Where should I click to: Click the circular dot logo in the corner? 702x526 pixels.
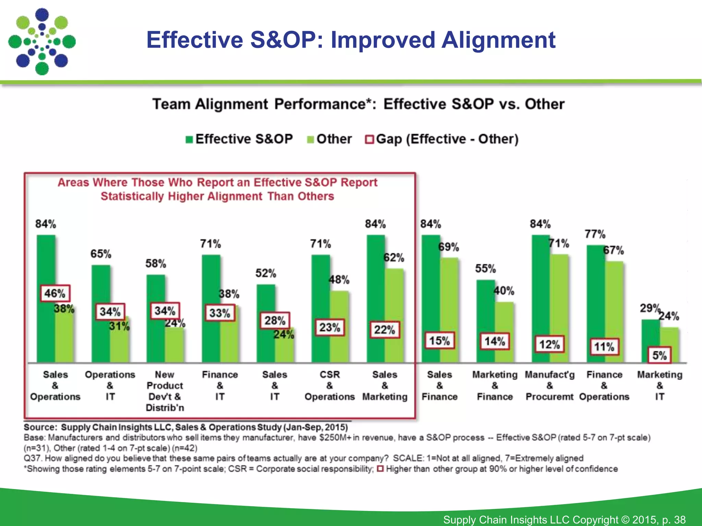click(x=42, y=42)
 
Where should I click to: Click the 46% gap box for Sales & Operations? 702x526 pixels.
click(x=55, y=293)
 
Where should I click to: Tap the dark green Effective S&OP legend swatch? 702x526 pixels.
click(x=189, y=140)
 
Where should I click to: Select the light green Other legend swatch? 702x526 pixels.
click(x=310, y=140)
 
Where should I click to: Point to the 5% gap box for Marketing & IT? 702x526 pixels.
click(x=659, y=355)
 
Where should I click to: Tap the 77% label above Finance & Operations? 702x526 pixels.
click(x=595, y=234)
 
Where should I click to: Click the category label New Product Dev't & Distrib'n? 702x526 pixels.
click(x=165, y=391)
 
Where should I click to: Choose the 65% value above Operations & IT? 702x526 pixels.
click(x=101, y=254)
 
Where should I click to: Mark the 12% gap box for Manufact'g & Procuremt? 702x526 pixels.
click(x=549, y=344)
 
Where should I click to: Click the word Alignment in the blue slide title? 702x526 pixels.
click(x=498, y=40)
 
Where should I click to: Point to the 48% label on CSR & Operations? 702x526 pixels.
click(x=339, y=280)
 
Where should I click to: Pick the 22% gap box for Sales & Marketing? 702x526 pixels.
click(x=385, y=330)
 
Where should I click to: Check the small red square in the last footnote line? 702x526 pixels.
click(x=380, y=468)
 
